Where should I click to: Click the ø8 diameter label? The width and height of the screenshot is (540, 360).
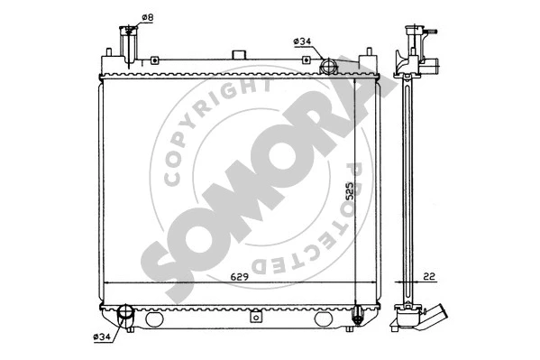(148, 16)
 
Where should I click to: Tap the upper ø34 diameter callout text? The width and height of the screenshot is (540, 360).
(303, 41)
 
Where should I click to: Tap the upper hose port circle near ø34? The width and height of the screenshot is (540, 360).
(328, 66)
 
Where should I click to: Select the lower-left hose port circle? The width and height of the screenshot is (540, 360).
(125, 316)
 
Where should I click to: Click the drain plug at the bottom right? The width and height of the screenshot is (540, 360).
(359, 316)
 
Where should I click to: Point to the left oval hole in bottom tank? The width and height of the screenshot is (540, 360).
(154, 319)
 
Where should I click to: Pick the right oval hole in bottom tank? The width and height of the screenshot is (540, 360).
(323, 319)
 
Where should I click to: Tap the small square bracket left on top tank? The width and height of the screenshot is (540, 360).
(156, 61)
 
